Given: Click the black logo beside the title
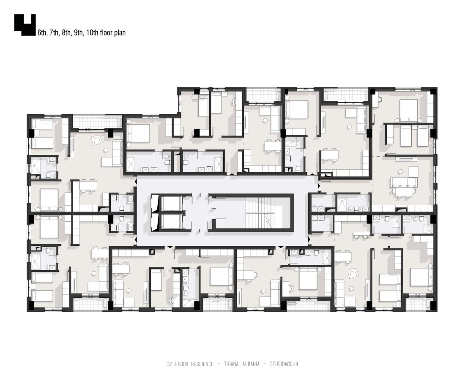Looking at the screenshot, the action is click(25, 25).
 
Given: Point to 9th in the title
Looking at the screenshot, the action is click(79, 33).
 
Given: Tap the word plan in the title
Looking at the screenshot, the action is click(120, 33).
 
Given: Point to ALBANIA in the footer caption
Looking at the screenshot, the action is click(251, 364).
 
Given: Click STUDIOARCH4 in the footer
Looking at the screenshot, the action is click(284, 364).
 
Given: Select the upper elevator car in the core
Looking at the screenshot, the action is click(171, 203).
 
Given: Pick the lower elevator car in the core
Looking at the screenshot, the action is click(171, 221).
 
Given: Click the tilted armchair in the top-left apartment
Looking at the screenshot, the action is click(97, 140).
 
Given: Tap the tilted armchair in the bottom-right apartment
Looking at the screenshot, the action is click(353, 273).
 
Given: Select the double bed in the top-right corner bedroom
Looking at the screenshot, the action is click(408, 111).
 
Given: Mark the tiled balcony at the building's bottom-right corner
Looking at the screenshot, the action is click(418, 304).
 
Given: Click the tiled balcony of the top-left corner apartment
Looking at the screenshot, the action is click(97, 122).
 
